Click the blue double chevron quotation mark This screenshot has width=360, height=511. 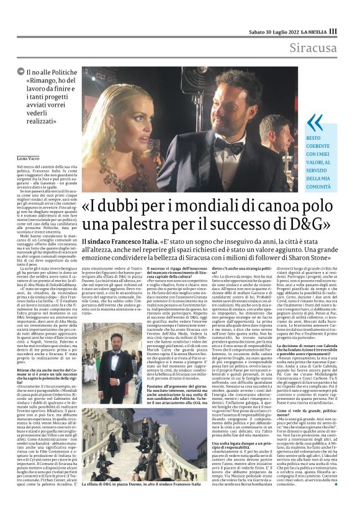pos(315,124)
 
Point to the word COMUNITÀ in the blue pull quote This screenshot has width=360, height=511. pos(325,185)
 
